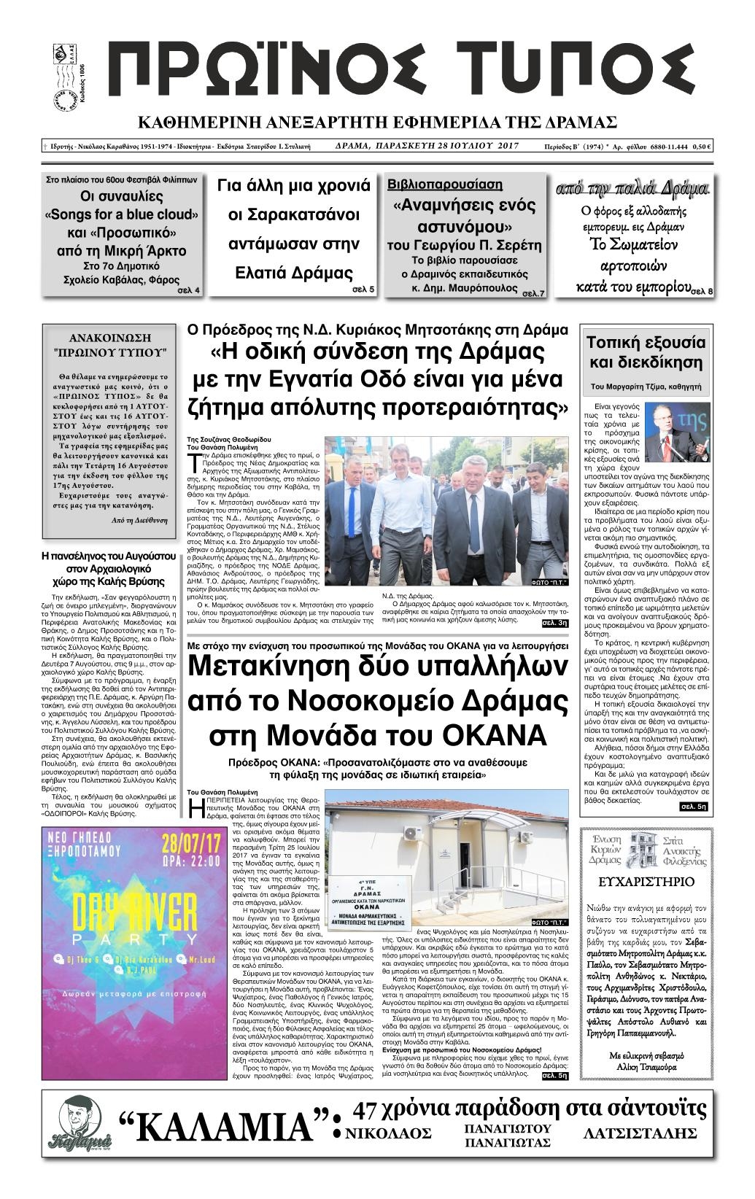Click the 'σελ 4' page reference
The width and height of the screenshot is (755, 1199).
pos(189,291)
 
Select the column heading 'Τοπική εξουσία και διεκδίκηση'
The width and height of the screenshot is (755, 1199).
pos(646,352)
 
